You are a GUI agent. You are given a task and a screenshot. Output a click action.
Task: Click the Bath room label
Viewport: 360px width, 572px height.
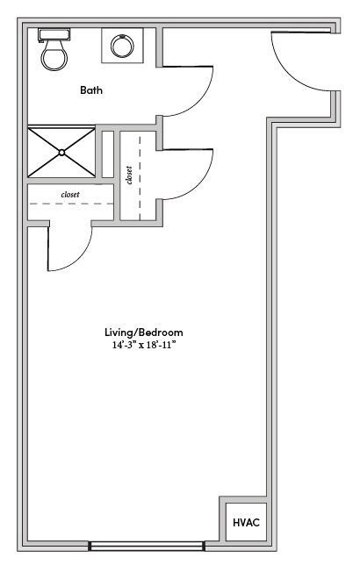click(91, 90)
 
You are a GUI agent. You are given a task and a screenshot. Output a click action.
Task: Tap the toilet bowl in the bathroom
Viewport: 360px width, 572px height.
click(54, 55)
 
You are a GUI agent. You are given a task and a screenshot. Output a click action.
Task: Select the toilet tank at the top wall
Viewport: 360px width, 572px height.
click(54, 35)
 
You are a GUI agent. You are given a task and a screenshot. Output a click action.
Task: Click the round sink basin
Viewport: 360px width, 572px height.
click(122, 46)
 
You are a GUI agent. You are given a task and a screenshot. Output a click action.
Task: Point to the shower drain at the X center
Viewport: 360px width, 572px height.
click(61, 153)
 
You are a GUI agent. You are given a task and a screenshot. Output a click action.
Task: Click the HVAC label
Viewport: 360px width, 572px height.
click(246, 522)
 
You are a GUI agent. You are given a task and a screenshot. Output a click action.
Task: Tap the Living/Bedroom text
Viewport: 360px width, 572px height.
click(144, 332)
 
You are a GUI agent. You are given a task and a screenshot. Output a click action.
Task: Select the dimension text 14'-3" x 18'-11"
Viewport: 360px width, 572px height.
click(144, 345)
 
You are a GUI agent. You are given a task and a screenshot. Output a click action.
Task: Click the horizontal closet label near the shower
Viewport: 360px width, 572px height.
click(70, 195)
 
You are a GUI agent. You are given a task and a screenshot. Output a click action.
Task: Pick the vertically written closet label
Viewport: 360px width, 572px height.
click(129, 175)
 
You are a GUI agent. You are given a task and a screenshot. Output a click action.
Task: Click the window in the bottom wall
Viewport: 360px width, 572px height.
click(146, 546)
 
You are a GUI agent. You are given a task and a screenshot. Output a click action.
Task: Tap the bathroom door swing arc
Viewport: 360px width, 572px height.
click(198, 101)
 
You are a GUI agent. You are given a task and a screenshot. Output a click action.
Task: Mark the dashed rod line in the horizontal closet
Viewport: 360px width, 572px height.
click(71, 204)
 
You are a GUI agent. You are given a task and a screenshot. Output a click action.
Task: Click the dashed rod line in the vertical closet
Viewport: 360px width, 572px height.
click(140, 179)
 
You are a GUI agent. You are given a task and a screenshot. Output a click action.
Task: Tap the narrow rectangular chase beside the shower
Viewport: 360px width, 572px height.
click(108, 154)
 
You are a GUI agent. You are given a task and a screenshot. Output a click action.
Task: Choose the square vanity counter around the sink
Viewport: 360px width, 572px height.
click(122, 46)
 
